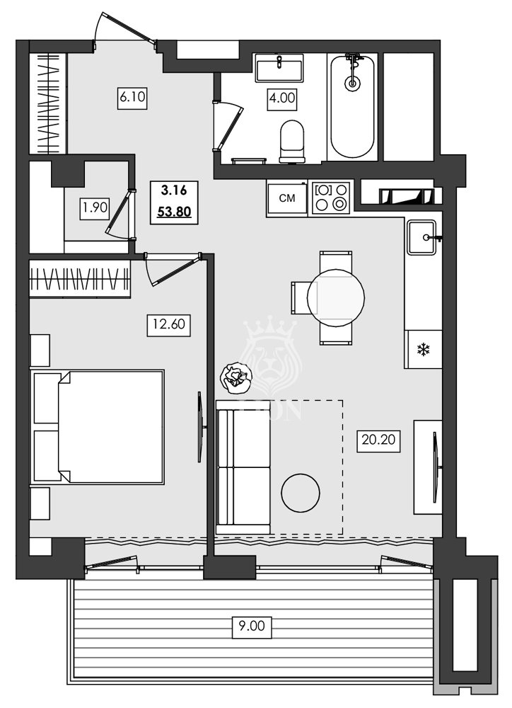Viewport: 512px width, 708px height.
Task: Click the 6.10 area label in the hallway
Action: [x=132, y=98]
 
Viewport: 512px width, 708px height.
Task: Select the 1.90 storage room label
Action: [x=95, y=208]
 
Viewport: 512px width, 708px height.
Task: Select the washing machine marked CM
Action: [x=286, y=198]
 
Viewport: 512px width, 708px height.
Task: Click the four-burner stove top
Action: [x=332, y=198]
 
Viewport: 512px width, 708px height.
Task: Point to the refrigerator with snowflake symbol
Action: [x=423, y=349]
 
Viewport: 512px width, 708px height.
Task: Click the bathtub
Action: [x=352, y=106]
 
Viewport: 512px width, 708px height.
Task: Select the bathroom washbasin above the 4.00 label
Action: [x=279, y=69]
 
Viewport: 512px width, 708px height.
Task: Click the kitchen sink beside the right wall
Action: [x=423, y=236]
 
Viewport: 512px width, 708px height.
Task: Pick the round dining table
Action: [x=336, y=297]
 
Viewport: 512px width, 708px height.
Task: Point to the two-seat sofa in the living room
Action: [x=244, y=467]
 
